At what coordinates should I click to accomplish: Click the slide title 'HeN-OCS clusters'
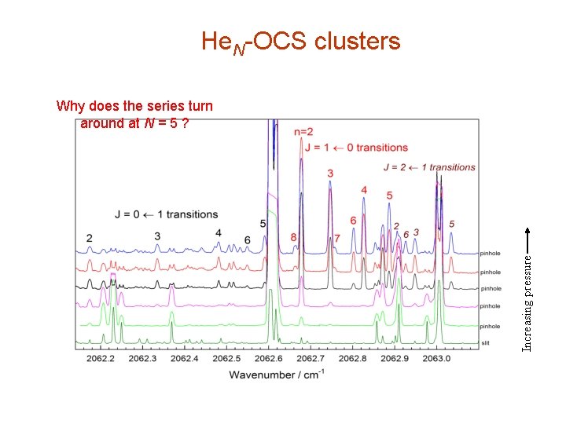coord(300,41)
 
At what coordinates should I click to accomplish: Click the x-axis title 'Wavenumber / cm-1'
coord(276,374)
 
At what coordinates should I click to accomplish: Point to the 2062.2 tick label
coord(101,358)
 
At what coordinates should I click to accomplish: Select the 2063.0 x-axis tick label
coord(436,358)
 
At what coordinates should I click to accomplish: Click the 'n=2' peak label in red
coord(303,131)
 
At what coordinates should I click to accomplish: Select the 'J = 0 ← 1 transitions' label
coord(166,214)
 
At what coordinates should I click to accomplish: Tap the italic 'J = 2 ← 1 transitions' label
coord(429,166)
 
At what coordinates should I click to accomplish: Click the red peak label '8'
coord(293,236)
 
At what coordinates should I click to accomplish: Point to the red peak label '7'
coord(336,237)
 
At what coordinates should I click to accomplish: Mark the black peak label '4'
coord(218,232)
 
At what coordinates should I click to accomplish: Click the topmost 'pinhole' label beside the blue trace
coord(491,253)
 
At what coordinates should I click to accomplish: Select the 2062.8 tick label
coord(352,358)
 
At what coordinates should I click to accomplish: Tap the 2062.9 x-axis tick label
coord(395,358)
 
